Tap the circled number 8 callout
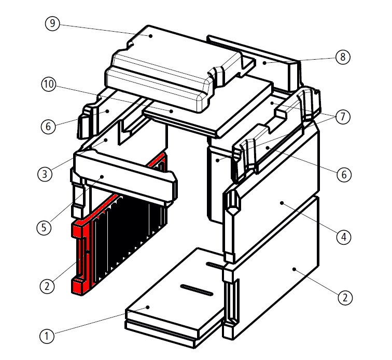[x=342, y=57]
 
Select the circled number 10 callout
[x=49, y=86]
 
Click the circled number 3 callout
[x=46, y=173]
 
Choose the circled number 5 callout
[x=45, y=227]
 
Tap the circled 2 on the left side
[x=47, y=285]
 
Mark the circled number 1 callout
[x=47, y=336]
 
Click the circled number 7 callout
[x=342, y=118]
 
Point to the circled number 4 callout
[x=343, y=238]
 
